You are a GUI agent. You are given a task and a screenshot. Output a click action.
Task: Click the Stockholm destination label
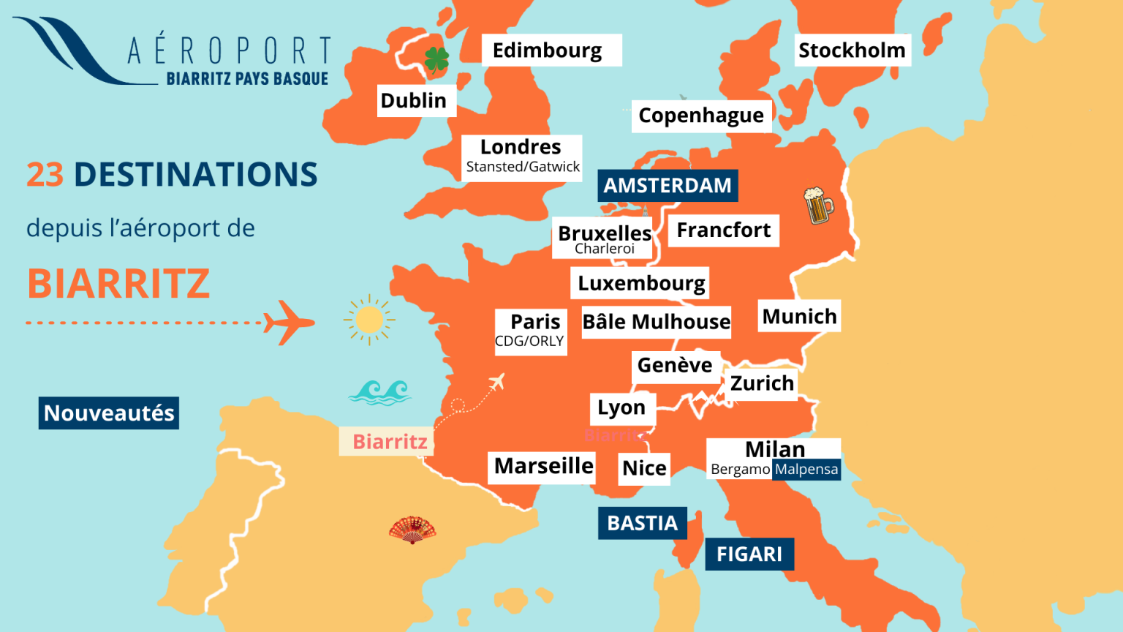[852, 50]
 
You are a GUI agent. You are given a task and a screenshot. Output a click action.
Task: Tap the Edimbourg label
[548, 50]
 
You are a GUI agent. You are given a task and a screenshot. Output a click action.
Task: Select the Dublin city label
[414, 101]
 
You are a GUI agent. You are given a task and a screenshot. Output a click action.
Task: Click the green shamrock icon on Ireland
[436, 59]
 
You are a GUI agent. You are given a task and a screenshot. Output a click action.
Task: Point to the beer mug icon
[818, 206]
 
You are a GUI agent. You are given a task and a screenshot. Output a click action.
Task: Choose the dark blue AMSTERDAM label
[668, 186]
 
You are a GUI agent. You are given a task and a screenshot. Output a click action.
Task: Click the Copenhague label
[701, 116]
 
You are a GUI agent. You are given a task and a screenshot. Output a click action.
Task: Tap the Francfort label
[723, 230]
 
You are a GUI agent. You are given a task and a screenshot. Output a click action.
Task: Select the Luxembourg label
[641, 283]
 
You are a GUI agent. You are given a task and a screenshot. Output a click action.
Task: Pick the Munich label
[799, 317]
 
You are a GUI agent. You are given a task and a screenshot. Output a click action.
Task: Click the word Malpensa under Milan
[806, 470]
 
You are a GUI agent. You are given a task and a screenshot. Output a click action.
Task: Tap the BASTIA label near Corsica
[643, 524]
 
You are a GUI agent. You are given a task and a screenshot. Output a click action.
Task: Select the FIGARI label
[749, 554]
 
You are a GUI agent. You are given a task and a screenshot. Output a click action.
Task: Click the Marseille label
[544, 466]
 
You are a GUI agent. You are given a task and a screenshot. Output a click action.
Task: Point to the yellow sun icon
[369, 320]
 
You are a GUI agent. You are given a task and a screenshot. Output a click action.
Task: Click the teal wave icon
[379, 392]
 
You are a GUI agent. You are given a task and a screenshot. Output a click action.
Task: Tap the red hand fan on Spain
[412, 530]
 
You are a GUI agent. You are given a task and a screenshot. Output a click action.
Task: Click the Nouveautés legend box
[109, 413]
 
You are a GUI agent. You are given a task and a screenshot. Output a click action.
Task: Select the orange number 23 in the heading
[45, 175]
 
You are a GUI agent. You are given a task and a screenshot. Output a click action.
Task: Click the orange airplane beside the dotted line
[289, 322]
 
